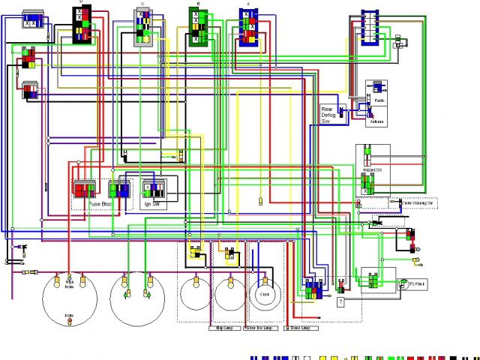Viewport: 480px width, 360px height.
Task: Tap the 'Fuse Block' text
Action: [x=102, y=204]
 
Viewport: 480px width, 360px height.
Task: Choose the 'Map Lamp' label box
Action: [x=224, y=328]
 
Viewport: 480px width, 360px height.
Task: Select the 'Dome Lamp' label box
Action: [x=298, y=328]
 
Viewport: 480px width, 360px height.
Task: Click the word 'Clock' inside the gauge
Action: [x=264, y=295]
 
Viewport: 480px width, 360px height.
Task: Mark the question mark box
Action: [x=340, y=301]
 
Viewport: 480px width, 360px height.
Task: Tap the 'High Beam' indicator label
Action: [x=70, y=286]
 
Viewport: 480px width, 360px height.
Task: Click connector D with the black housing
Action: [x=82, y=24]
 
